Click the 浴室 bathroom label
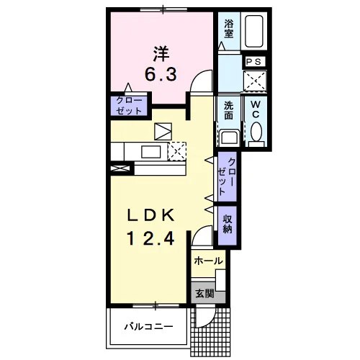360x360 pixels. pos(229,29)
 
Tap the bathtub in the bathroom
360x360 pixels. pos(254,31)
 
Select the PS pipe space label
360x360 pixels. pos(254,62)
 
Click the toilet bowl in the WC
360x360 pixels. pos(256,132)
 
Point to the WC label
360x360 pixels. pos(256,109)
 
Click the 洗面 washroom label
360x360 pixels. pos(228,111)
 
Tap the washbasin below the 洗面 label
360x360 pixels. pos(230,138)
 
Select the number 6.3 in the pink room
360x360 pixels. pos(161,74)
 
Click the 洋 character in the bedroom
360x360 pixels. pos(161,54)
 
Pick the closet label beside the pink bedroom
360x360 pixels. pos(129,106)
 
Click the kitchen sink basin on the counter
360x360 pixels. pos(151,152)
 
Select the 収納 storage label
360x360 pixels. pos(228,224)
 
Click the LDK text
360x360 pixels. pos(150,215)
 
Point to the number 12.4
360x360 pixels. pos(150,238)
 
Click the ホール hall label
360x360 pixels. pos(208,261)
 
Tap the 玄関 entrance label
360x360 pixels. pos(204,293)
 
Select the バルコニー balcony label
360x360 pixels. pos(148,327)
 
